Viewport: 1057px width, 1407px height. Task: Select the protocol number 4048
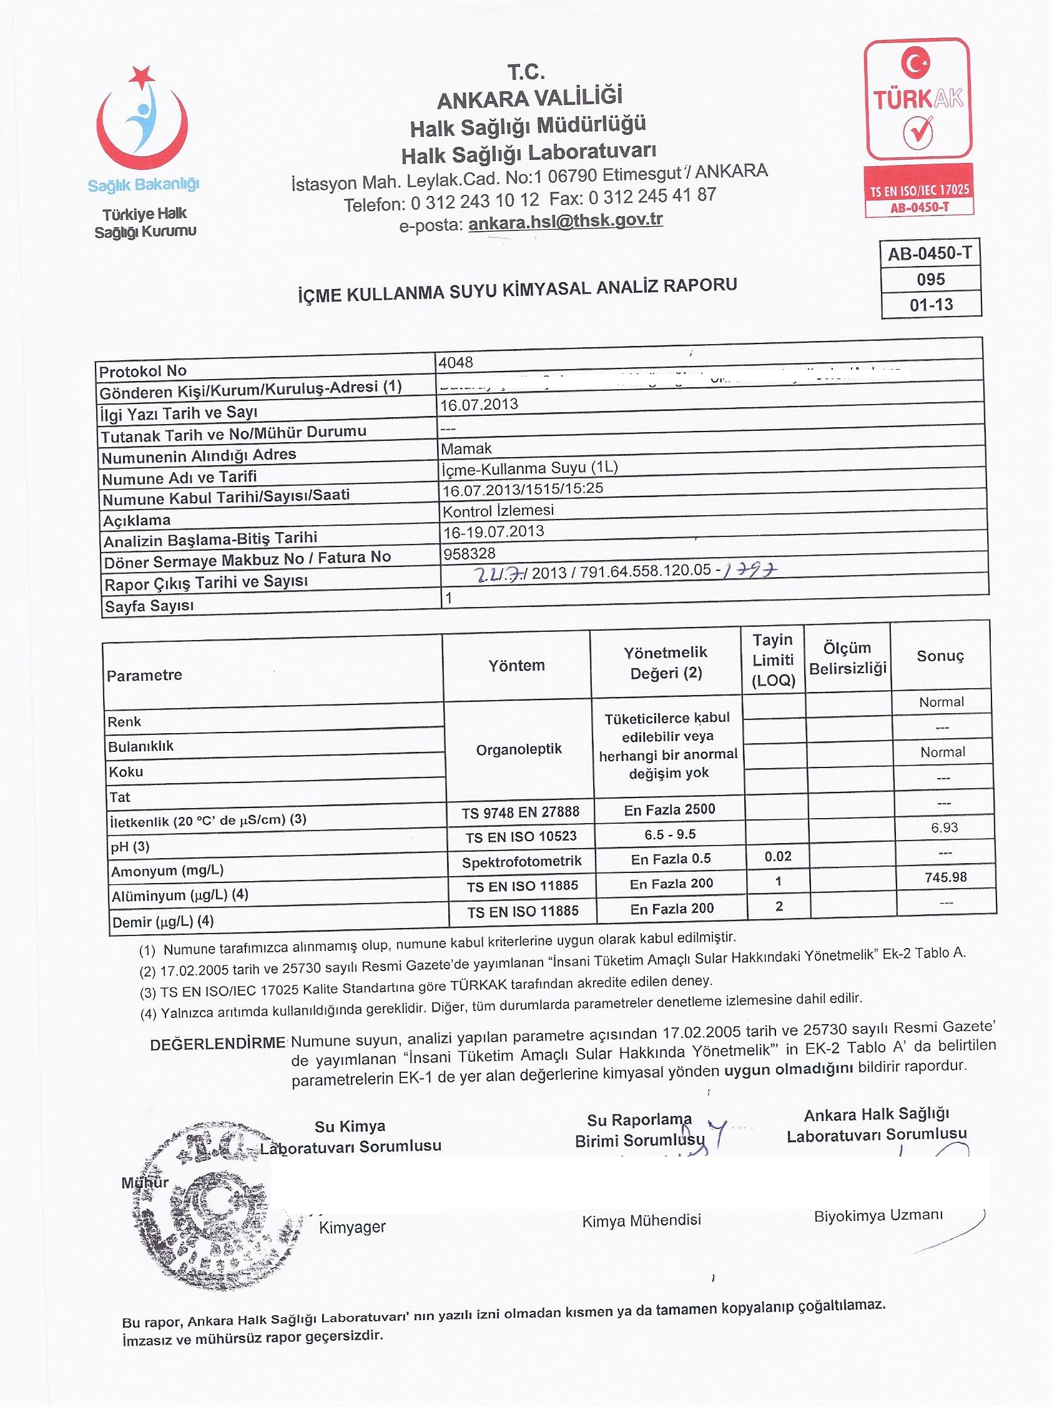point(456,363)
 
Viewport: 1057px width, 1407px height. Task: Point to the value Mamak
point(466,448)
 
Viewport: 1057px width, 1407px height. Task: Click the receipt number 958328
point(469,553)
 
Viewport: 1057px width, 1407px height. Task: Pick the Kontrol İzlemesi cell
point(498,510)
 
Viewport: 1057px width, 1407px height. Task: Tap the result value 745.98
point(946,877)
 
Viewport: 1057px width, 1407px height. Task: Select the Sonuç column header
point(940,656)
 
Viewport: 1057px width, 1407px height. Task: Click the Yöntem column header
point(516,665)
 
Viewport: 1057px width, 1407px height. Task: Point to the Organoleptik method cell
point(518,749)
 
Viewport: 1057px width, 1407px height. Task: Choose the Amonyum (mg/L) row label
point(167,870)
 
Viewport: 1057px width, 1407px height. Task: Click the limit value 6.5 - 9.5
point(670,834)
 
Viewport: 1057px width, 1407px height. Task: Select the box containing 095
point(930,279)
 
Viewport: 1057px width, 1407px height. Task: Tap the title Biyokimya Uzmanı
point(878,1215)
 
